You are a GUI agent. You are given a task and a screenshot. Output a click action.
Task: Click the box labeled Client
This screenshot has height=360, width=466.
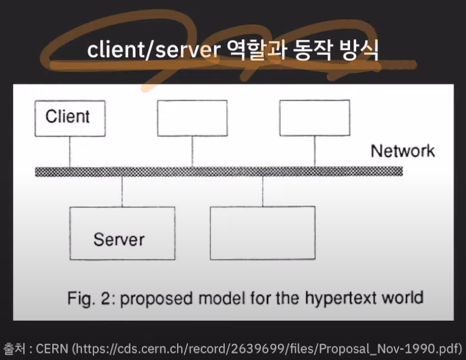click(70, 118)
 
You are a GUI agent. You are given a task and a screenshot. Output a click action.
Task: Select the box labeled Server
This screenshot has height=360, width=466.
click(122, 233)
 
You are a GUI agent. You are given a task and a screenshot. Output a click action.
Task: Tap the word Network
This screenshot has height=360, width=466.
click(403, 151)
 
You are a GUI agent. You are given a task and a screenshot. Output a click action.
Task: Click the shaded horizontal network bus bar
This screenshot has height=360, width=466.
click(218, 172)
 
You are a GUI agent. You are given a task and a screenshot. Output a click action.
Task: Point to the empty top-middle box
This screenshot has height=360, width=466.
click(193, 118)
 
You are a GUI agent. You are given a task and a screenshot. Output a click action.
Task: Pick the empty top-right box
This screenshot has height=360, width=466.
click(314, 118)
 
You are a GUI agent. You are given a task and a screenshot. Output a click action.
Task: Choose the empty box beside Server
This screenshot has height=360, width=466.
click(262, 233)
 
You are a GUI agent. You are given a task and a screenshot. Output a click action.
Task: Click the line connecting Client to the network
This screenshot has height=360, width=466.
click(70, 151)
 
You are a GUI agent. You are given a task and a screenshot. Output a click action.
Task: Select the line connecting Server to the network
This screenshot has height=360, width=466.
click(122, 191)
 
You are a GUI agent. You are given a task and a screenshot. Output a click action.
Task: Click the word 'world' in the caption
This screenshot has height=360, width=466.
click(403, 297)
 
